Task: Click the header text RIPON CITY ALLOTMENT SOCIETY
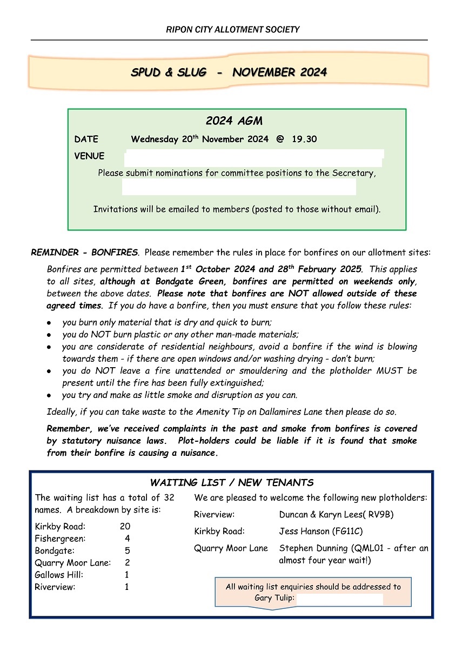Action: coord(232,30)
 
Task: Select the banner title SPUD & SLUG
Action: coord(168,72)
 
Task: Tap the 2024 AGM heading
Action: coord(234,121)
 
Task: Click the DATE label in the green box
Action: coord(86,140)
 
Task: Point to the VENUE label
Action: coord(89,156)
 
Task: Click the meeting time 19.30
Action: coord(304,140)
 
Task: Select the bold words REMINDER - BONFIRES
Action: coord(85,253)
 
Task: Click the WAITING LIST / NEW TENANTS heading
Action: coord(232,483)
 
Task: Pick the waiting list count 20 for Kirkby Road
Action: coord(125,526)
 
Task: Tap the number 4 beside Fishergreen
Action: coord(127,539)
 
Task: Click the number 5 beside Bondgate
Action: coord(127,550)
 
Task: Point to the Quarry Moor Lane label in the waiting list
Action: coord(72,563)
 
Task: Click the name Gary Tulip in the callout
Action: coord(274,599)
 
